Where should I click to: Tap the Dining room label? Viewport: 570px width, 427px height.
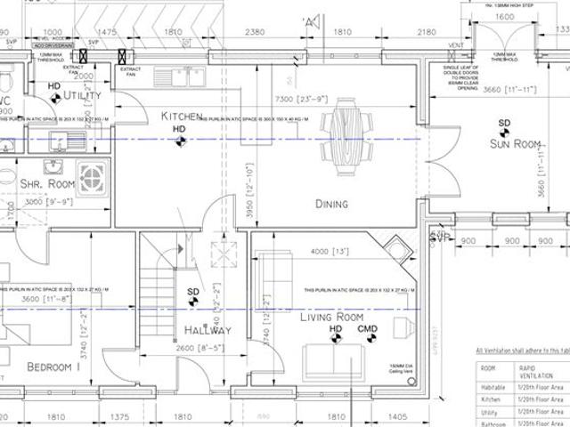331,204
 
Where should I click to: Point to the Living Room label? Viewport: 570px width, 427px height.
331,317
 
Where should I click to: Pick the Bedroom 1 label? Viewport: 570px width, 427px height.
53,367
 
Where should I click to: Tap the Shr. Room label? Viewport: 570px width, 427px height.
47,183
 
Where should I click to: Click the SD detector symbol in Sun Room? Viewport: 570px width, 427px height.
505,127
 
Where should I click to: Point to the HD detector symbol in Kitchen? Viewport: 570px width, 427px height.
179,134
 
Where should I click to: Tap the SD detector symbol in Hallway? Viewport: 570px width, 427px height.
193,297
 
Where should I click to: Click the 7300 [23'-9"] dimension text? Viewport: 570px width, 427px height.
303,99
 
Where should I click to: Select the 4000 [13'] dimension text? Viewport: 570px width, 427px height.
325,252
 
